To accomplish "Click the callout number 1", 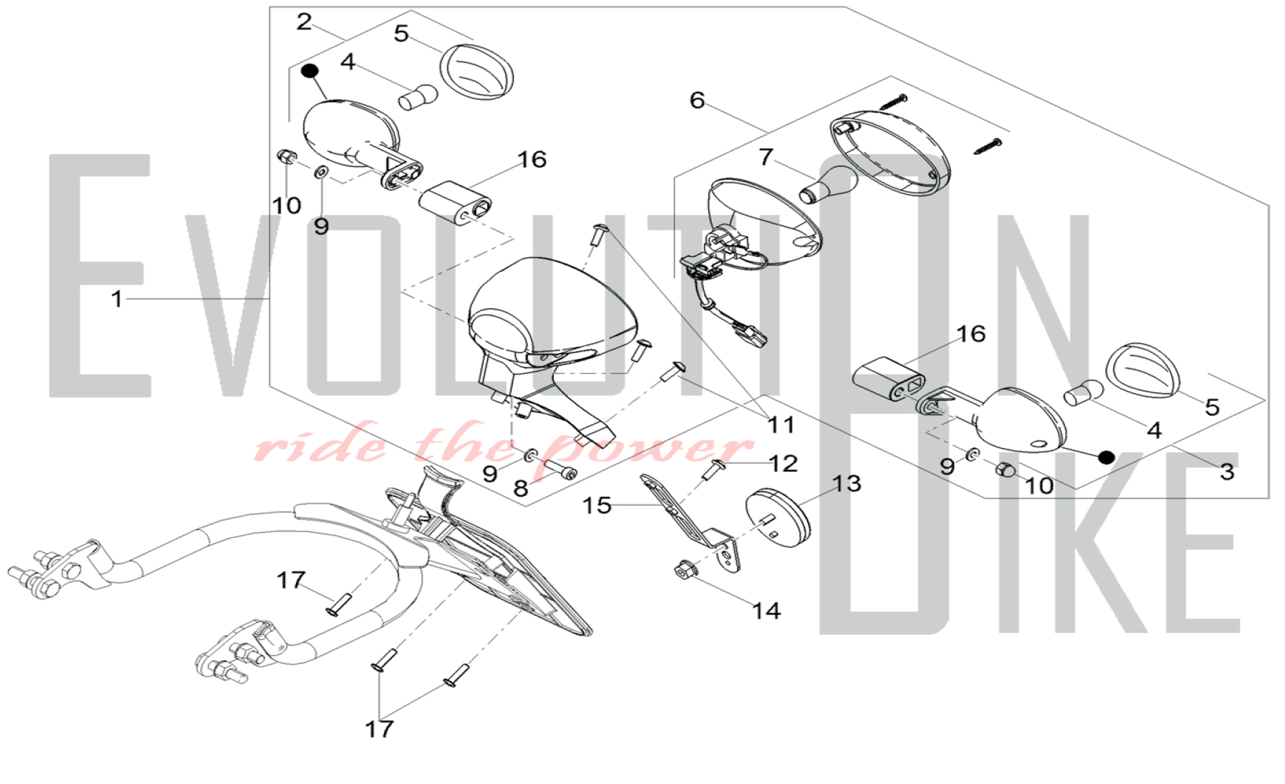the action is click(x=116, y=299).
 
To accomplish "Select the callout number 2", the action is click(x=304, y=22).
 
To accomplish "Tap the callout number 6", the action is click(x=697, y=100).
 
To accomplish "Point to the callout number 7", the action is click(x=765, y=157).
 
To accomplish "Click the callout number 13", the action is click(x=847, y=483).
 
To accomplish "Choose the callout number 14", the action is click(x=767, y=610).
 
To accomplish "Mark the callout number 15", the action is click(x=596, y=505).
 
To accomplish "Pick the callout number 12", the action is click(x=783, y=463).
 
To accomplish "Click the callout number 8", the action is click(x=520, y=488).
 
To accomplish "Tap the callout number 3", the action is click(x=1227, y=472).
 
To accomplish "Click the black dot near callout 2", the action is click(x=310, y=69).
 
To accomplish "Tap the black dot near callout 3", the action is click(x=1106, y=457).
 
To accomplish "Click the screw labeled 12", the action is click(x=714, y=469).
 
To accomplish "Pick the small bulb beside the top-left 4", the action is click(x=418, y=97).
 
